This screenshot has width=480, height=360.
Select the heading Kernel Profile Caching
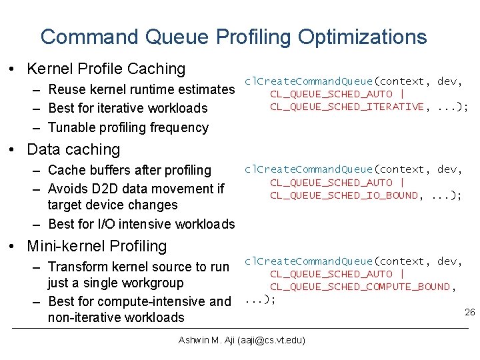pyautogui.click(x=105, y=69)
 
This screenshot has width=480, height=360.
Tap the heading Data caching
pyautogui.click(x=73, y=150)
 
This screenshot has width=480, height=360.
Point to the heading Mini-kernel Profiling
pyautogui.click(x=97, y=246)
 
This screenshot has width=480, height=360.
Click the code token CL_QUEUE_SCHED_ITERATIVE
pyautogui.click(x=347, y=107)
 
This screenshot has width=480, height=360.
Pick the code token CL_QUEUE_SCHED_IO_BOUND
pyautogui.click(x=344, y=195)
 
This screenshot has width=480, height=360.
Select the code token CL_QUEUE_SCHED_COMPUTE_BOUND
pyautogui.click(x=360, y=287)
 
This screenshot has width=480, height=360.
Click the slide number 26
pyautogui.click(x=469, y=313)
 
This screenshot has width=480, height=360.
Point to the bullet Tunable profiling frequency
pyautogui.click(x=128, y=127)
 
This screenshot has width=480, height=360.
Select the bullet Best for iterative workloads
pyautogui.click(x=128, y=108)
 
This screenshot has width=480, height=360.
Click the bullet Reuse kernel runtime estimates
pyautogui.click(x=141, y=89)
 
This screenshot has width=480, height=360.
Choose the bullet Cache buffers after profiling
pyautogui.click(x=129, y=171)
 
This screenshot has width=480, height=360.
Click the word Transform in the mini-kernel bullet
pyautogui.click(x=77, y=267)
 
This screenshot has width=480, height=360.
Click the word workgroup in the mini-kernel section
pyautogui.click(x=150, y=283)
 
